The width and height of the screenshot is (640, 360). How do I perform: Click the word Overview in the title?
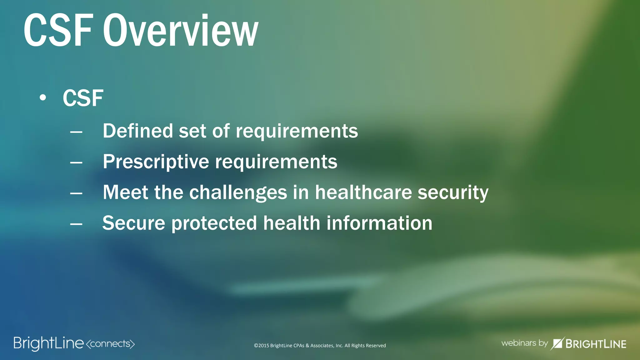(x=181, y=31)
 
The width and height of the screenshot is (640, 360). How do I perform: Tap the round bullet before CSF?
(x=43, y=98)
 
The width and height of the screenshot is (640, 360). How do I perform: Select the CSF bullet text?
(x=83, y=98)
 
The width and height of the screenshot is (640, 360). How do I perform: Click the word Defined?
(x=138, y=131)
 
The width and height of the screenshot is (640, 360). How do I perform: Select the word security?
(x=453, y=193)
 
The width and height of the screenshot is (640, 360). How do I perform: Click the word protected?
(x=214, y=223)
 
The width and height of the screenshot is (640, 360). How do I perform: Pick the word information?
(x=379, y=223)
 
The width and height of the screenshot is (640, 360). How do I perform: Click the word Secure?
(x=134, y=223)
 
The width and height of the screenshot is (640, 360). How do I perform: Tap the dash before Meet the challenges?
(x=76, y=194)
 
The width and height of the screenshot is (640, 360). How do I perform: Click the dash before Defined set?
(x=76, y=132)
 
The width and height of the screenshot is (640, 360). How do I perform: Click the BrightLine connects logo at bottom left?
(x=74, y=343)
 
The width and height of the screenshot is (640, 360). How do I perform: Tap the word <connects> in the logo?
(x=110, y=344)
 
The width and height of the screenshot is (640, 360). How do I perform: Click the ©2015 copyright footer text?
(x=320, y=346)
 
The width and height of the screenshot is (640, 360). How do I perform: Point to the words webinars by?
(x=524, y=343)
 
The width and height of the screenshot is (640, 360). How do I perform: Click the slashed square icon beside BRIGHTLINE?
(x=557, y=343)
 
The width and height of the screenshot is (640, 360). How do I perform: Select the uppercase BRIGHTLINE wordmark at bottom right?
(x=596, y=344)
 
